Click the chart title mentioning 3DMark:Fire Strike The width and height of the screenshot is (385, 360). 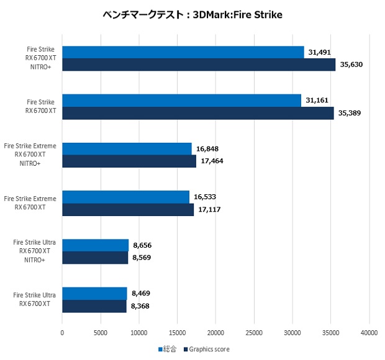(x=192, y=14)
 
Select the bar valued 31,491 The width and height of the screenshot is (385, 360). (x=183, y=52)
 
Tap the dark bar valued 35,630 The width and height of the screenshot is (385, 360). (x=199, y=65)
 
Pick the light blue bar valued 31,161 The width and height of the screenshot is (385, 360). (x=182, y=101)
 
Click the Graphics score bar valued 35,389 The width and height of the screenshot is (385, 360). (x=198, y=113)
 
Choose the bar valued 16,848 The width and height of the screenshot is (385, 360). (x=127, y=149)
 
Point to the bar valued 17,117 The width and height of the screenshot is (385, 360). (x=128, y=210)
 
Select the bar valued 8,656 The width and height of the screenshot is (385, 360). (x=96, y=245)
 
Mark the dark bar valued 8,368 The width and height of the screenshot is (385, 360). (x=94, y=306)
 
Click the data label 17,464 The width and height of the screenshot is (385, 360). (x=211, y=161)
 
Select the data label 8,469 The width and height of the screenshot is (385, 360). (x=142, y=294)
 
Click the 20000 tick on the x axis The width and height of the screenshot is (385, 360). (x=215, y=333)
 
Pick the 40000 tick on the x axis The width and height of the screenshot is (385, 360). (x=369, y=333)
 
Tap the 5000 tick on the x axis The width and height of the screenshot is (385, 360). (x=101, y=333)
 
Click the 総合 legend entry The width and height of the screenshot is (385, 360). (x=167, y=349)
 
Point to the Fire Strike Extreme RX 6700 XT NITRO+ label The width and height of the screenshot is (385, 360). (x=30, y=155)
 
